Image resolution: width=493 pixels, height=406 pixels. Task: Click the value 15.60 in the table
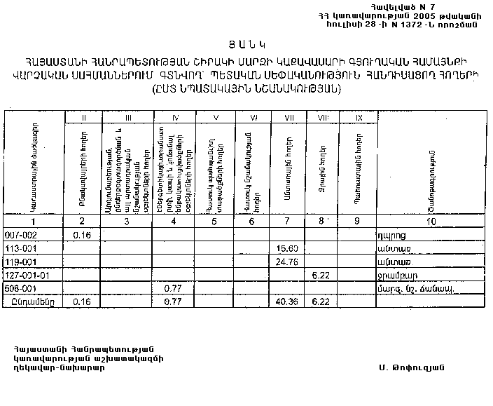point(287,248)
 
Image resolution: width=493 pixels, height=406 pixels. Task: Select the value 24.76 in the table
point(287,261)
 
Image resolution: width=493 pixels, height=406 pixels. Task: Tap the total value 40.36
point(287,301)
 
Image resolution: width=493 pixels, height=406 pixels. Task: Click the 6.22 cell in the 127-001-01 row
point(321,274)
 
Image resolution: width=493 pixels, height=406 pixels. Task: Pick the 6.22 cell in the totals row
point(321,301)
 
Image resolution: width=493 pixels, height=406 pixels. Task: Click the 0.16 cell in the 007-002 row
point(83,235)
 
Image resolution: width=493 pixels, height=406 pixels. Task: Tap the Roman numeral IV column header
point(175,117)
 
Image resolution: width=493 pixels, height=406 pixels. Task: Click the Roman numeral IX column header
point(359,117)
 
